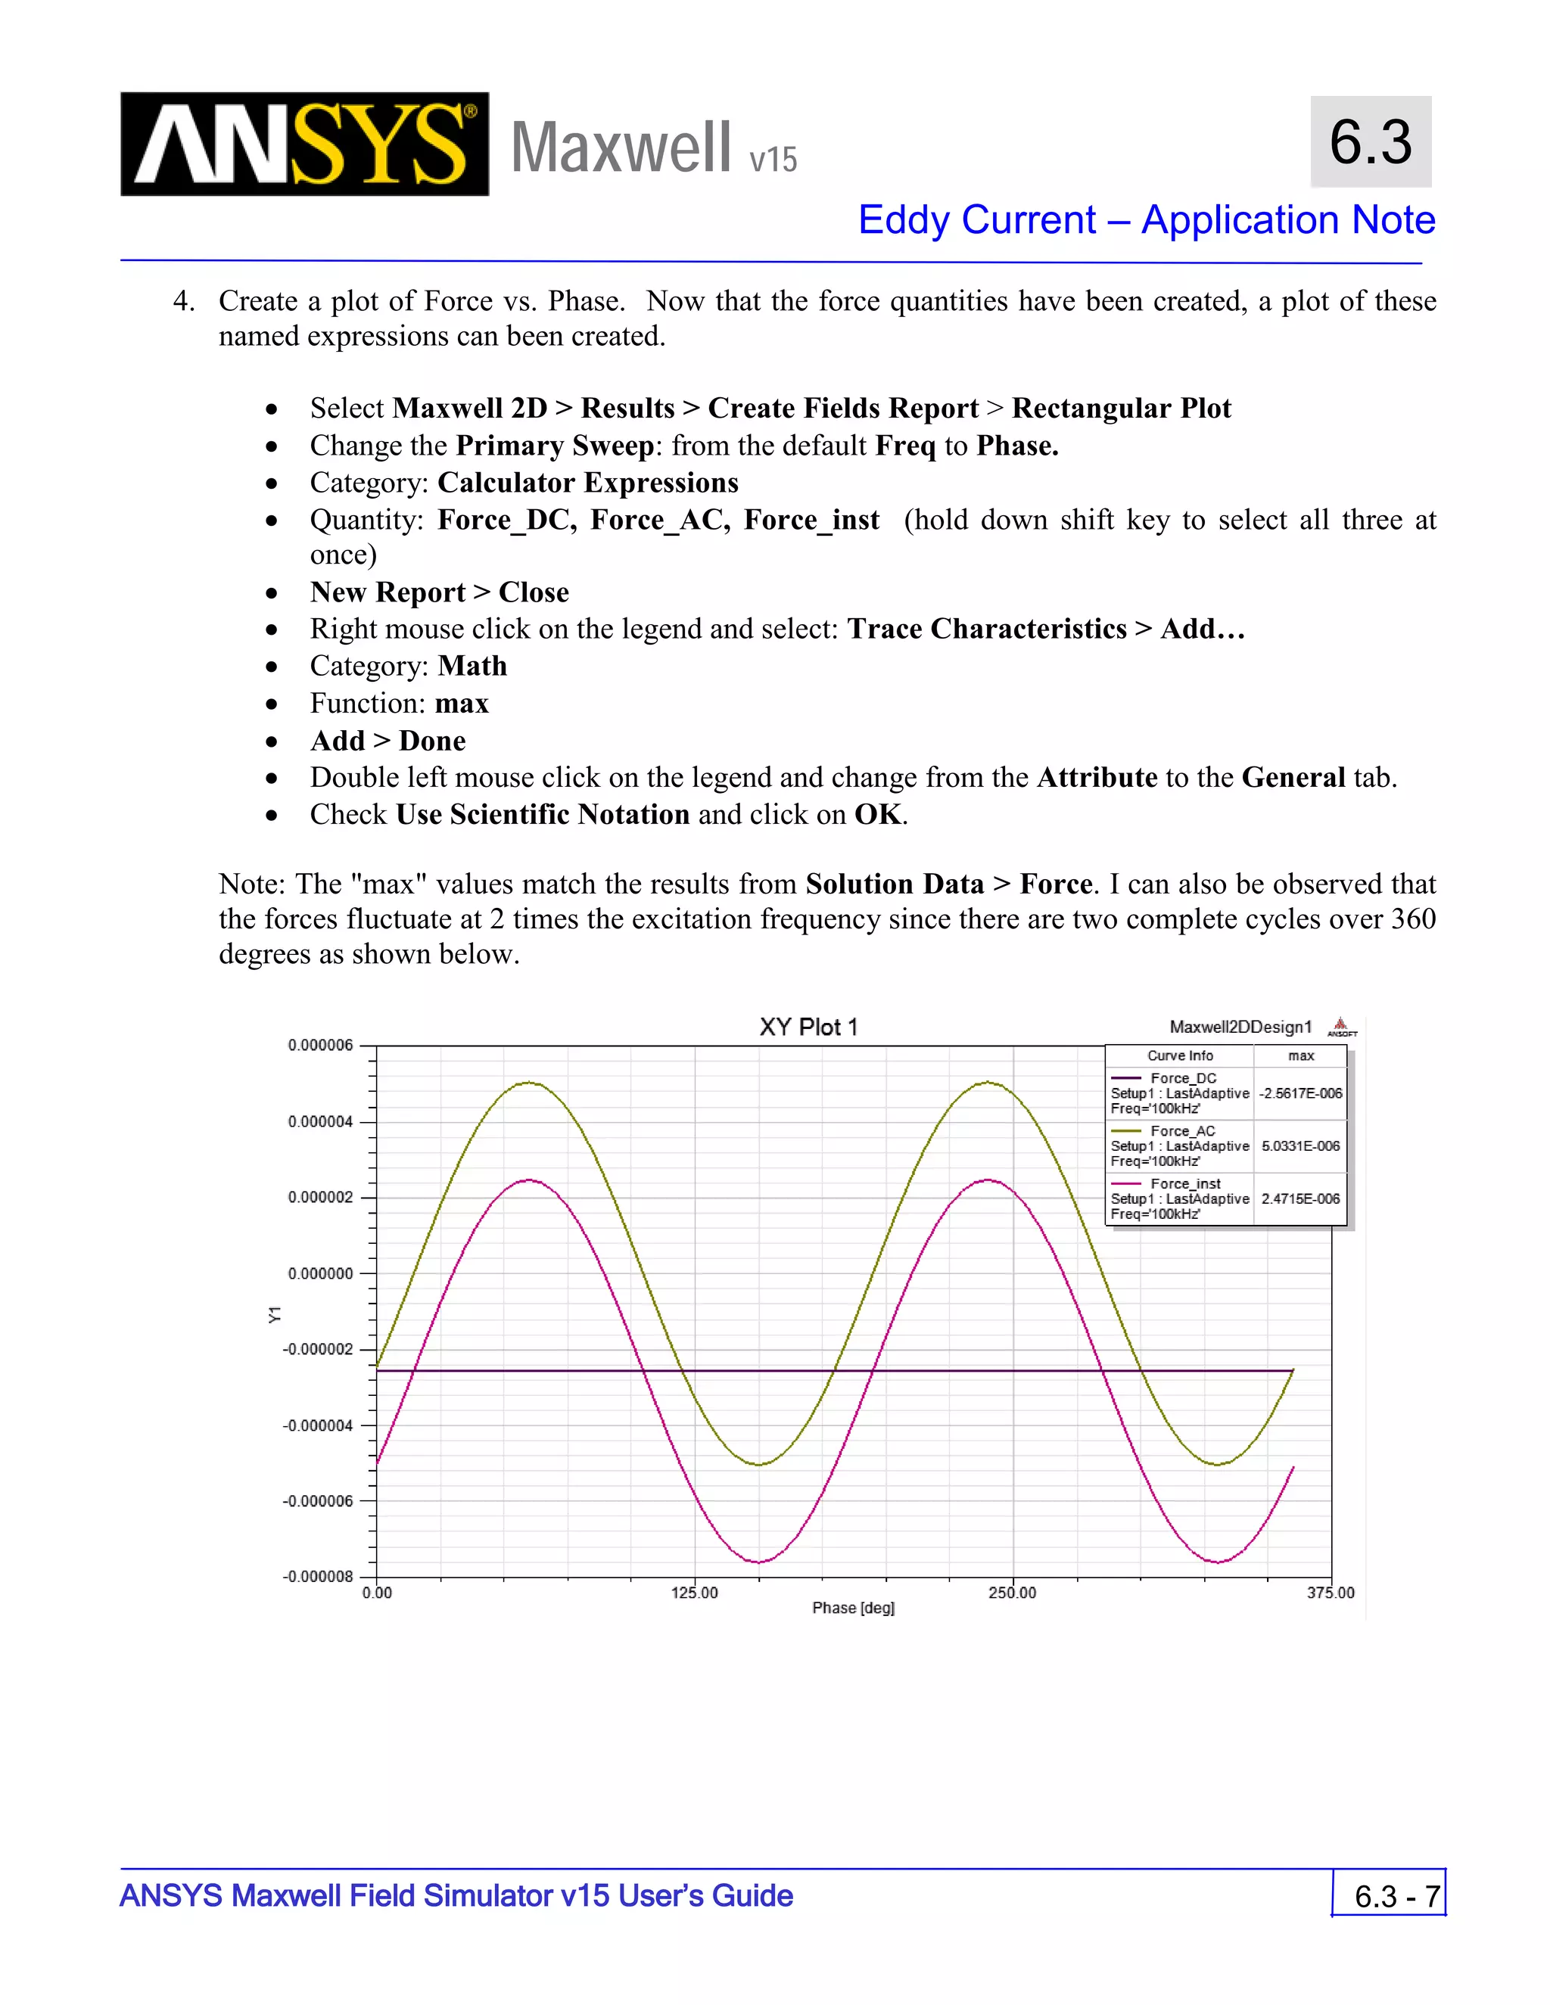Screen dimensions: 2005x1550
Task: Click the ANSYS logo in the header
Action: pos(304,144)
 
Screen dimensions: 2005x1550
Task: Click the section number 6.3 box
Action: pos(1370,142)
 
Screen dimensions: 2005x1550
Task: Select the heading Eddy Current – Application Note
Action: pos(1146,220)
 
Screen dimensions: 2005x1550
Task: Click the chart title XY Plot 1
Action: pos(808,1027)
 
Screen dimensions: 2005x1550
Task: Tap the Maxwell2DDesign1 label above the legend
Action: pos(1240,1027)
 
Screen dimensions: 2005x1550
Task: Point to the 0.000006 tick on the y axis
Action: pos(320,1046)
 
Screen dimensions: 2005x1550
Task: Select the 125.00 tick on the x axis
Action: pos(694,1593)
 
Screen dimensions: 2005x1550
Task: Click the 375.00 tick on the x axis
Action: pos(1331,1593)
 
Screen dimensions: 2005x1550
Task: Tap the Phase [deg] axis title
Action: pos(853,1609)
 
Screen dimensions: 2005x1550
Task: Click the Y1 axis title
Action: pos(275,1315)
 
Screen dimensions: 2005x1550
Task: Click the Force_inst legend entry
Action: pos(1184,1184)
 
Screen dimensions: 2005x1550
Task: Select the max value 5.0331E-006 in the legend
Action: pos(1300,1146)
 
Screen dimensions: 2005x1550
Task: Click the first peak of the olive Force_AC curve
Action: pos(530,1083)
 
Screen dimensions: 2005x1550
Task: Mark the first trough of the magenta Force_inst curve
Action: pos(759,1562)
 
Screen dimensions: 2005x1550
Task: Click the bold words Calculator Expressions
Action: pos(587,483)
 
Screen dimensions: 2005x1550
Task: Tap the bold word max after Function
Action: pos(462,704)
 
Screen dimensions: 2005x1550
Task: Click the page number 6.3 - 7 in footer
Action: pos(1396,1897)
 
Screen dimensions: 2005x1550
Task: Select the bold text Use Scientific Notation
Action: pos(543,815)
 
